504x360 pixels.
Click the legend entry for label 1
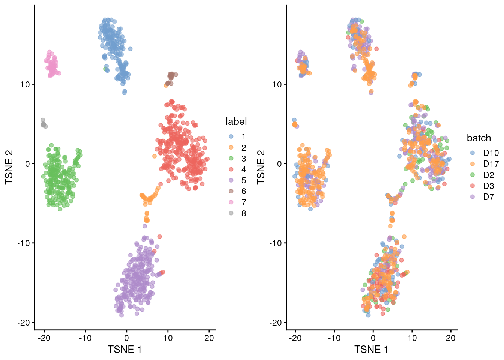237,137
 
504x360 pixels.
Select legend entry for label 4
237,170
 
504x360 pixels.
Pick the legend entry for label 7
237,203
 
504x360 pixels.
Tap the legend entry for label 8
237,214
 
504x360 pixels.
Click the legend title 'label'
236,121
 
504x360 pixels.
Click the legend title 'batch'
479,138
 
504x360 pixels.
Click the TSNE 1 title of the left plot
124,349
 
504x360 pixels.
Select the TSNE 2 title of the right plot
261,167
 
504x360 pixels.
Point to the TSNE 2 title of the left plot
9,167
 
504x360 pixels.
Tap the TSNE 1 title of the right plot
371,349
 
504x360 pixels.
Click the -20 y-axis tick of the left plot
23,322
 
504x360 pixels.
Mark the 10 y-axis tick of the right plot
277,84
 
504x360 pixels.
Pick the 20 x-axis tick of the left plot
209,338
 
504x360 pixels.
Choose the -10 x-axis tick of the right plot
334,338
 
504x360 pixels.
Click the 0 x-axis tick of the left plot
126,338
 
